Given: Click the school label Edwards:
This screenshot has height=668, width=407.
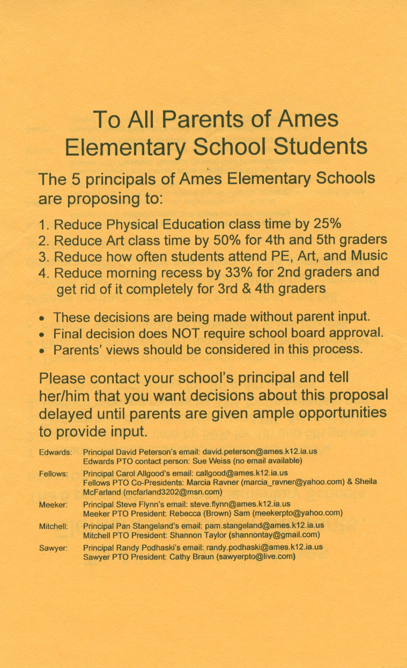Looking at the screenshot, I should [x=56, y=452].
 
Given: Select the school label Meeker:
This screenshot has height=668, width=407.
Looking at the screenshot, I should [x=53, y=504].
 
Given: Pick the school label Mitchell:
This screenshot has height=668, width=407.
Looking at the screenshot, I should [x=54, y=527].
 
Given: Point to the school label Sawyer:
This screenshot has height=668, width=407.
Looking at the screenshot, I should [x=53, y=548].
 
